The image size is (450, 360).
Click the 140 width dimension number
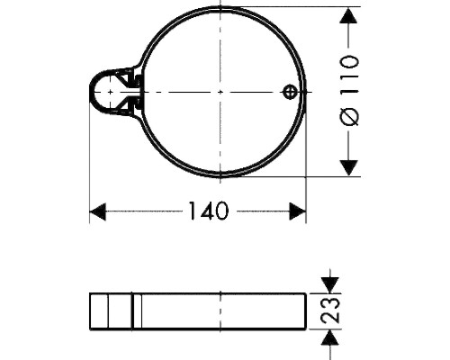209,211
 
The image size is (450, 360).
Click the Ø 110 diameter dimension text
348,90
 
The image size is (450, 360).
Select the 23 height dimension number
330,310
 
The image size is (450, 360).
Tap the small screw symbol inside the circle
290,92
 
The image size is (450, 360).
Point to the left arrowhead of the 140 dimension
98,211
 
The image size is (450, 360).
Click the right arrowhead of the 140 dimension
298,211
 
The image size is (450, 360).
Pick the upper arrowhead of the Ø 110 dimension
348,15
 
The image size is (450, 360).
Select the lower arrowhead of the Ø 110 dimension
348,168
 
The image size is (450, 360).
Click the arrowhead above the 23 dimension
330,285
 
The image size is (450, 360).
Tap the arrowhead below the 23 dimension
330,337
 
